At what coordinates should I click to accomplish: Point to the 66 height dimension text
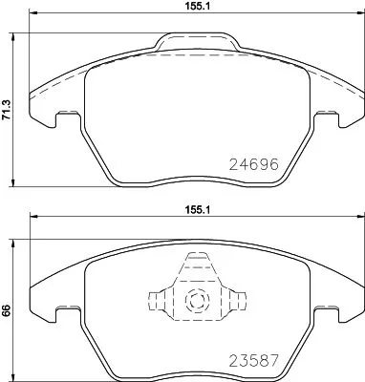coord(7,309)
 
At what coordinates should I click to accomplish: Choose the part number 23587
coord(253,361)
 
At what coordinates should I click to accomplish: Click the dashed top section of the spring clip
coord(197,263)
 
